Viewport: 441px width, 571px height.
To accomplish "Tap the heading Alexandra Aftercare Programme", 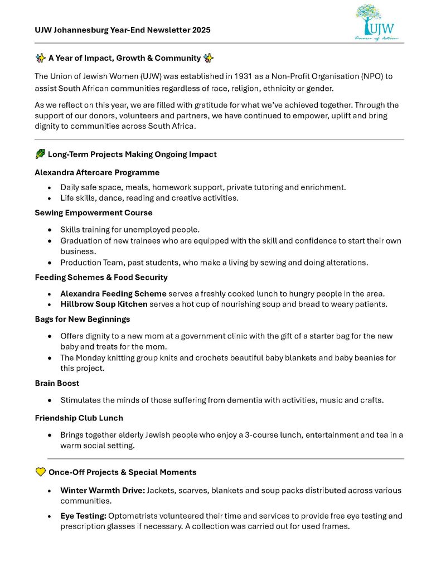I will pyautogui.click(x=97, y=172).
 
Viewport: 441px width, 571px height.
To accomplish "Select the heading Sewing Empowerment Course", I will pyautogui.click(x=93, y=212).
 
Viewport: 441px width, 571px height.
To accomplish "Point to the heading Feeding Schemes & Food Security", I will pyautogui.click(x=101, y=277).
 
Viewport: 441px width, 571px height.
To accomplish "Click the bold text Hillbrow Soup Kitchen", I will pyautogui.click(x=104, y=304).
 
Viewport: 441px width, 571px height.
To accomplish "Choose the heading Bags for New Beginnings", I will pyautogui.click(x=82, y=319).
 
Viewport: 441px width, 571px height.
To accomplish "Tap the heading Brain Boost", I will pyautogui.click(x=57, y=383).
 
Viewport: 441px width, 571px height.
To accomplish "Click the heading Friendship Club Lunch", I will pyautogui.click(x=79, y=418).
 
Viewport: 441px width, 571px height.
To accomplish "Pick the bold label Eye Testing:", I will pyautogui.click(x=83, y=516).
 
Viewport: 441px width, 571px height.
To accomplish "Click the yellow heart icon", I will pyautogui.click(x=40, y=472).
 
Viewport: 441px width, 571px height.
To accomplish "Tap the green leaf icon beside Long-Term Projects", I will pyautogui.click(x=40, y=154).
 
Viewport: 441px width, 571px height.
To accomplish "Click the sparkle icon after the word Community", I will pyautogui.click(x=209, y=58).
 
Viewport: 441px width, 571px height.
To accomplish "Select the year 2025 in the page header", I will pyautogui.click(x=200, y=30).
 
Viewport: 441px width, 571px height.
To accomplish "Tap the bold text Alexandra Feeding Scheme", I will pyautogui.click(x=113, y=293).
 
